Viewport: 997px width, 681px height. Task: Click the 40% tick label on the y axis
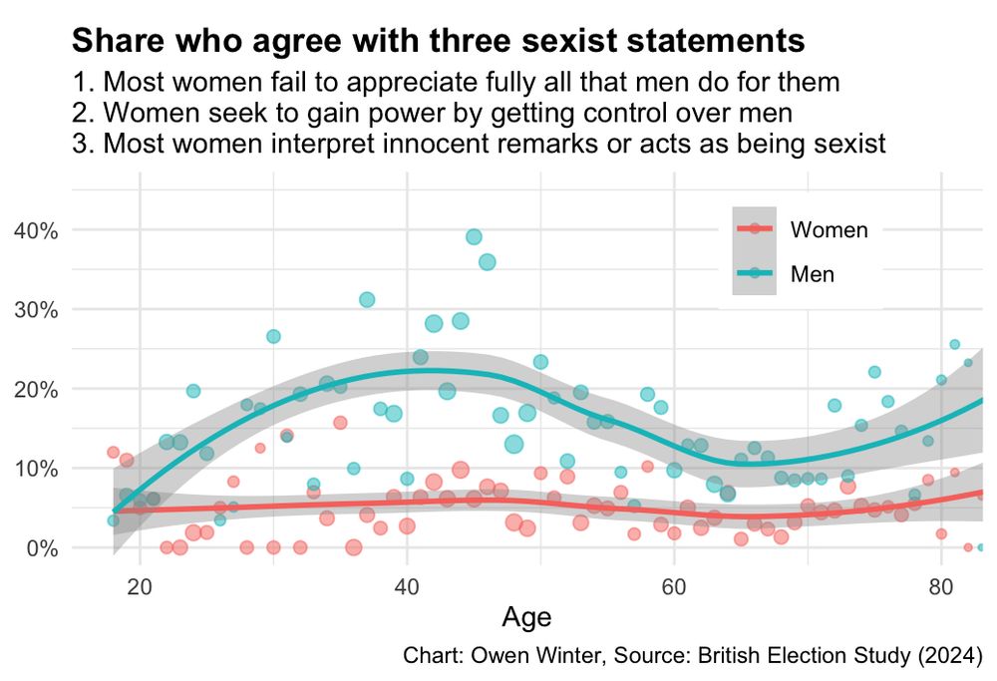pyautogui.click(x=36, y=230)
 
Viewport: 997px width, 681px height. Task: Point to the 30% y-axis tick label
pyautogui.click(x=36, y=310)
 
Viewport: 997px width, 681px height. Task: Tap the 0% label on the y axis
pyautogui.click(x=42, y=548)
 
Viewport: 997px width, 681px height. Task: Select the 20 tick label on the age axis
pyautogui.click(x=140, y=586)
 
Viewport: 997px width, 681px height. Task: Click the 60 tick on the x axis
pyautogui.click(x=674, y=586)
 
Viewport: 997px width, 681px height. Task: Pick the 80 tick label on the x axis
pyautogui.click(x=941, y=586)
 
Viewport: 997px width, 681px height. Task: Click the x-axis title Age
pyautogui.click(x=526, y=618)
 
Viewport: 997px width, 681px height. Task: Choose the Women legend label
pyautogui.click(x=830, y=229)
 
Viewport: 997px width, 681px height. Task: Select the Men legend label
pyautogui.click(x=812, y=274)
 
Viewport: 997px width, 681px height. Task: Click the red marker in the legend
pyautogui.click(x=754, y=228)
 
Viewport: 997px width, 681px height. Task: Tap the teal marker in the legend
pyautogui.click(x=754, y=273)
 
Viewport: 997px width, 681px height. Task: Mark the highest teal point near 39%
pyautogui.click(x=474, y=237)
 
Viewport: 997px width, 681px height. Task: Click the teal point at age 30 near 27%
pyautogui.click(x=273, y=336)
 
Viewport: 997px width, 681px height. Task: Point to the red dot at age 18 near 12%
pyautogui.click(x=114, y=452)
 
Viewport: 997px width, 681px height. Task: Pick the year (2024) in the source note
pyautogui.click(x=950, y=655)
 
